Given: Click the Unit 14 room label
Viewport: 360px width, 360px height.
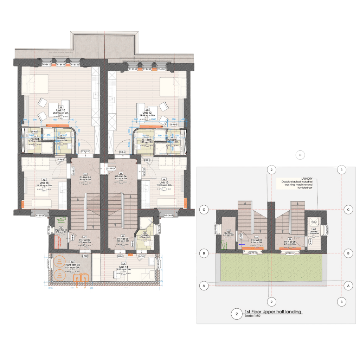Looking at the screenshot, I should [x=123, y=267].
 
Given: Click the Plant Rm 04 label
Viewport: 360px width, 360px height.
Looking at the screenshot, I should [x=62, y=231].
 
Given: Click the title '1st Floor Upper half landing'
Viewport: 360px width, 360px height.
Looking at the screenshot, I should [x=273, y=312].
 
